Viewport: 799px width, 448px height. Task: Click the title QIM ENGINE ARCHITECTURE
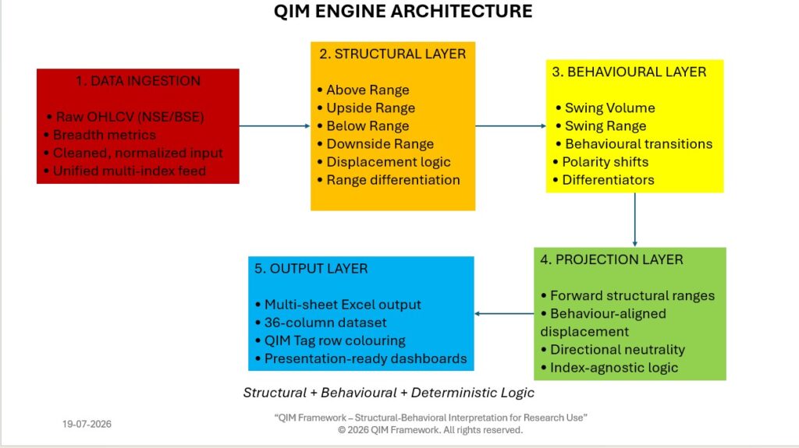[x=403, y=11]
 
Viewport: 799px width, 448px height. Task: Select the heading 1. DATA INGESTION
[x=138, y=81]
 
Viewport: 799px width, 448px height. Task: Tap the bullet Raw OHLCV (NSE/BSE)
[x=126, y=117]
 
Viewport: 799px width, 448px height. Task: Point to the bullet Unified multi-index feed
[x=125, y=171]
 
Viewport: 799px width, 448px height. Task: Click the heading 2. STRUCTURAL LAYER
[x=392, y=54]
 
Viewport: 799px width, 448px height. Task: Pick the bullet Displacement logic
[x=384, y=162]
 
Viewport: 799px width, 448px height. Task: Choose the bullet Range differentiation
[x=389, y=180]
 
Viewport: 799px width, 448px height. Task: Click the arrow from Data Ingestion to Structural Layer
[x=275, y=125]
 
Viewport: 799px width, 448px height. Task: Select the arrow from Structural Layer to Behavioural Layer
[x=510, y=125]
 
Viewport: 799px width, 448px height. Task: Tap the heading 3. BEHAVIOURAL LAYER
[x=629, y=72]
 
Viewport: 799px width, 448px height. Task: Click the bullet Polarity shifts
[x=601, y=162]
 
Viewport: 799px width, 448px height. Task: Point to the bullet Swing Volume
[x=605, y=108]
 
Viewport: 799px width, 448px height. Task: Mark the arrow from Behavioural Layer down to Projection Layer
[x=635, y=220]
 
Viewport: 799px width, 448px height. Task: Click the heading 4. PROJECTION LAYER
[x=612, y=259]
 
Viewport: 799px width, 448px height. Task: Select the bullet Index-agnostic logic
[x=609, y=368]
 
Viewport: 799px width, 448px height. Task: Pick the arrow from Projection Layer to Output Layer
[x=504, y=313]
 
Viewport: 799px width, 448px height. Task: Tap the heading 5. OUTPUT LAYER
[x=311, y=269]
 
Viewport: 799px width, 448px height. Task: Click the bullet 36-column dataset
[x=321, y=323]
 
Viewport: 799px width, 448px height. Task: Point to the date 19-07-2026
[x=87, y=424]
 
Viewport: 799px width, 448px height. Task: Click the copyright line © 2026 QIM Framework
[x=430, y=430]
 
